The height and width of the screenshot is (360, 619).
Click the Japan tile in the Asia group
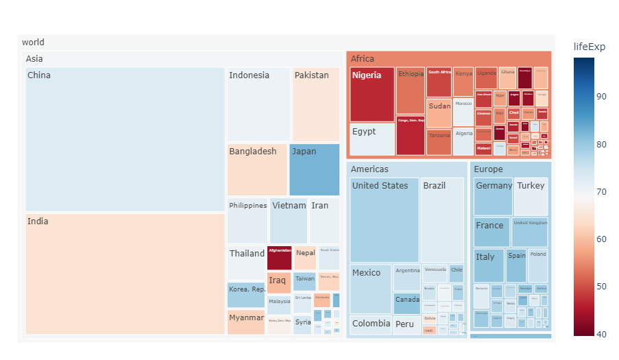coord(314,169)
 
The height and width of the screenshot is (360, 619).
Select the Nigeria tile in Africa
coord(372,94)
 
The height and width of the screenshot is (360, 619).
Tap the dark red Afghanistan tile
coord(279,258)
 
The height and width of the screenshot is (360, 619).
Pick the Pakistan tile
coord(315,104)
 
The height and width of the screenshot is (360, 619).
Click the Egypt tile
coord(372,139)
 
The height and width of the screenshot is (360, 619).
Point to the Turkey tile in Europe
coord(531,196)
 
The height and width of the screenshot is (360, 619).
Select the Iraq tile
coord(279,283)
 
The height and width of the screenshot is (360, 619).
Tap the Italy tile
coord(489,265)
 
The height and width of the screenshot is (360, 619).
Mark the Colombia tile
coord(370,324)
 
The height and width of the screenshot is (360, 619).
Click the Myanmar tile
coord(246,322)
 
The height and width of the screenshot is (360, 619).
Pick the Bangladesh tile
coord(256,169)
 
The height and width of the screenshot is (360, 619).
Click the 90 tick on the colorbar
coord(601,97)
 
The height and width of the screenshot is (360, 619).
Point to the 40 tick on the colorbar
coord(601,334)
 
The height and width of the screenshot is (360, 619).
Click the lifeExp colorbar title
coord(589,47)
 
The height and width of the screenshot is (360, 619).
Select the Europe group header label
coord(488,169)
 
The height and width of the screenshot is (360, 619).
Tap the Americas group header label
coord(369,169)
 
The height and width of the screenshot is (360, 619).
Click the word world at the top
coord(33,43)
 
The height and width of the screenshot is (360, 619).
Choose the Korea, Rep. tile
coord(246,295)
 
